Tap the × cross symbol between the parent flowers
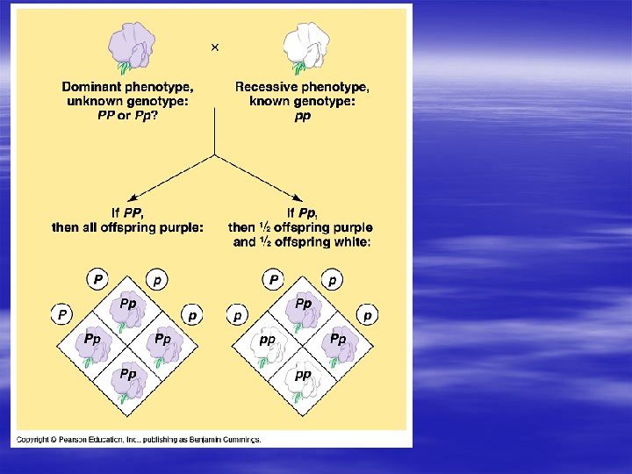(215, 47)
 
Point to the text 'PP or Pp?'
(128, 116)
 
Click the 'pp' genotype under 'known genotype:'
(302, 116)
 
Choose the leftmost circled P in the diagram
(61, 313)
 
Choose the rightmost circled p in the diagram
(368, 314)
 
